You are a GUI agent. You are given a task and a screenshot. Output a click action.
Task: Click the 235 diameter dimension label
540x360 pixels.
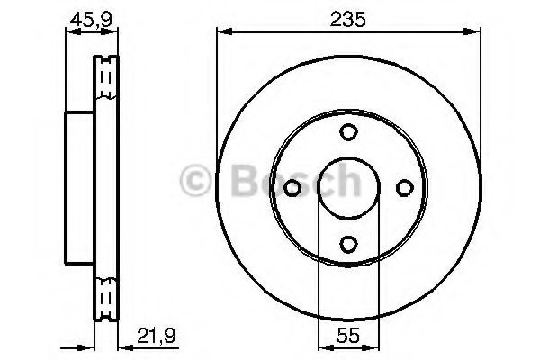click(348, 18)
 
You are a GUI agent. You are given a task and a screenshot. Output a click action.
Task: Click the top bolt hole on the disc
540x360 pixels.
click(348, 131)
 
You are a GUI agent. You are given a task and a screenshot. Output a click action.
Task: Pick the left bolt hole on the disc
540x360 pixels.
click(293, 187)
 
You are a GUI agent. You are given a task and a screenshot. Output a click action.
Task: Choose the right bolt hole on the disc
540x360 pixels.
click(404, 187)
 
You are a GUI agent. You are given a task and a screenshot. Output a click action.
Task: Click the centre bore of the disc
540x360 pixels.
click(348, 187)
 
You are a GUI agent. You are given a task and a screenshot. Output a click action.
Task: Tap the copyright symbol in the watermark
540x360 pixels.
click(196, 184)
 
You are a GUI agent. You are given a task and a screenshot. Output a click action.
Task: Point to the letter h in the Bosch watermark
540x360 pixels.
click(346, 184)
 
